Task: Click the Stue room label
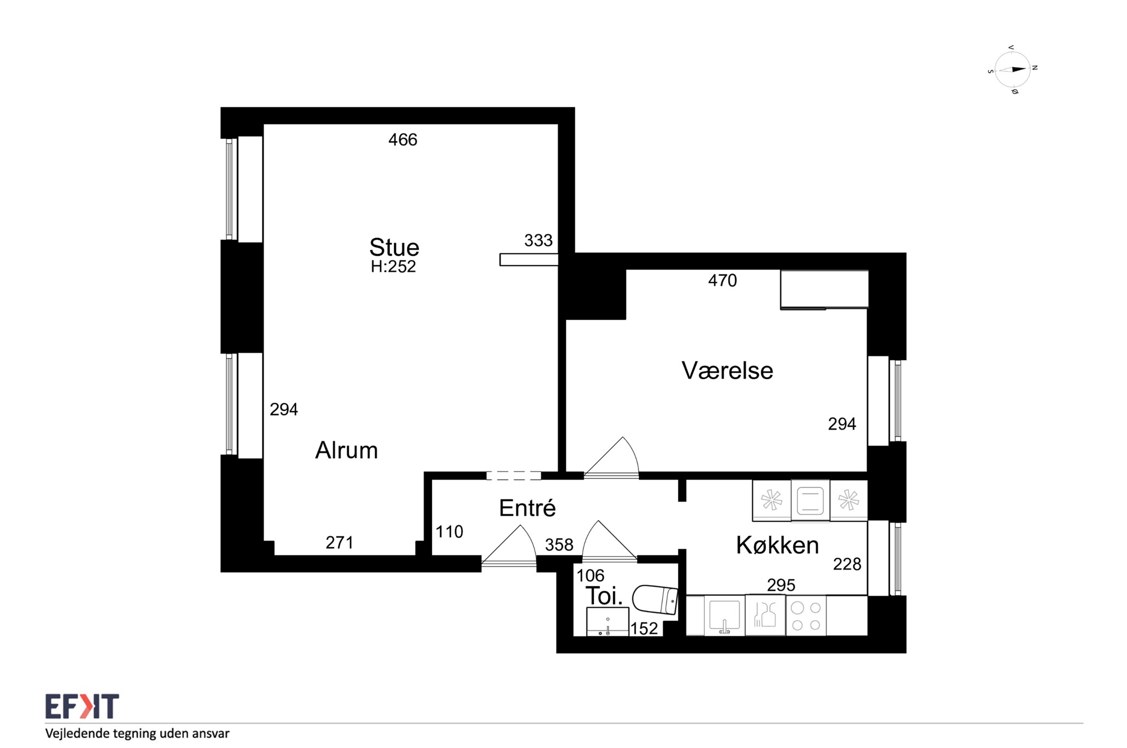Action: [x=394, y=248]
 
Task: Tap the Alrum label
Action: [x=347, y=450]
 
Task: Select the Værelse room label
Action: [x=727, y=371]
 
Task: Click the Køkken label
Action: [x=778, y=545]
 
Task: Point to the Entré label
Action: [x=527, y=508]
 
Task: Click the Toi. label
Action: [x=604, y=596]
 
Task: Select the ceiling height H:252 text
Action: [x=393, y=267]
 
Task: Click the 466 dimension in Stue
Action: [x=403, y=140]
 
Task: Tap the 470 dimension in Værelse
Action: [x=723, y=280]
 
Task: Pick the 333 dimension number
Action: [x=538, y=240]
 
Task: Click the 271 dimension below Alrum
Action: [x=340, y=543]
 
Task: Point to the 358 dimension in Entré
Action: [x=559, y=544]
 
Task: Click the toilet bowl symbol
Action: [x=655, y=599]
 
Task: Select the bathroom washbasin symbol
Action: [x=608, y=621]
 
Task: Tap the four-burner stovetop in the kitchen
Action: [x=806, y=616]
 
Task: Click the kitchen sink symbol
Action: [x=725, y=616]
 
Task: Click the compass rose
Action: [x=1013, y=70]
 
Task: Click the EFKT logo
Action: [x=82, y=707]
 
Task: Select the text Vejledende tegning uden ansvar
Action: [x=137, y=733]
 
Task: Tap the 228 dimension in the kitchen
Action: [x=847, y=564]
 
